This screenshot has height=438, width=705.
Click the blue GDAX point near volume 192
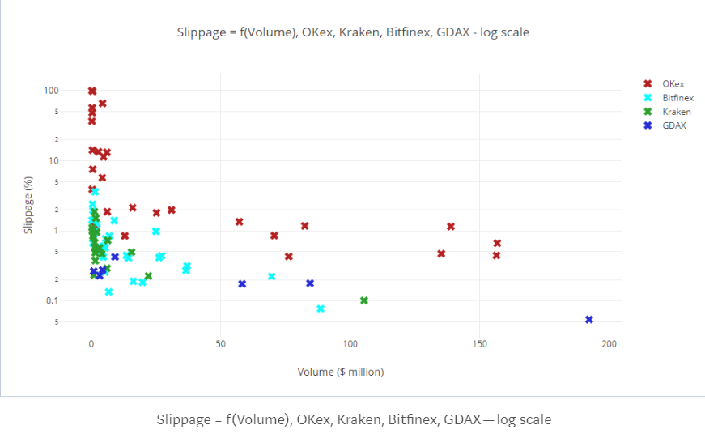tap(589, 320)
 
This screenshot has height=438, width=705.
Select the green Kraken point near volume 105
tap(364, 300)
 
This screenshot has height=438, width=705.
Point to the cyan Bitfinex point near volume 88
tap(321, 308)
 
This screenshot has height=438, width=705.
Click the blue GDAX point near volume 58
tap(242, 284)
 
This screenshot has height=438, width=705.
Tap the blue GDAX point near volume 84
tap(310, 283)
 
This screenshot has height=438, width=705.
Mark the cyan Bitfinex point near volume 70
tap(272, 276)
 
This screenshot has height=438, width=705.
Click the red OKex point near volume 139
tap(451, 227)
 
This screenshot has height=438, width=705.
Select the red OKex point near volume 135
tap(441, 253)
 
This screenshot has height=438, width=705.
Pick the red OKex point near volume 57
tap(240, 222)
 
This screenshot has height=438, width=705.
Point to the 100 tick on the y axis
tap(74, 90)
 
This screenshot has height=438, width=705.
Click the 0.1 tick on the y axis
tap(74, 301)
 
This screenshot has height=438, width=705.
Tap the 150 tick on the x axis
tap(480, 344)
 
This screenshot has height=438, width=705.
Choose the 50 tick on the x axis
tap(221, 344)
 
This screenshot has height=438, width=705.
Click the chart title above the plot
tap(354, 32)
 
